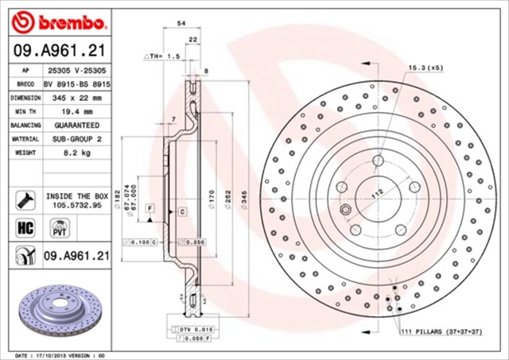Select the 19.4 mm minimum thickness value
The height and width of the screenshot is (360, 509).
point(72,112)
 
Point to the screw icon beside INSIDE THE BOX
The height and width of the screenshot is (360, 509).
point(23,199)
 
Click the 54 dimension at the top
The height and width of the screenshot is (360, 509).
point(181,25)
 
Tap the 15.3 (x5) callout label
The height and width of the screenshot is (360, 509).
point(425,68)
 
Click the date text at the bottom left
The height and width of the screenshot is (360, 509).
point(60,354)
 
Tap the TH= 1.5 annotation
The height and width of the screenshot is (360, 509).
point(163,57)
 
